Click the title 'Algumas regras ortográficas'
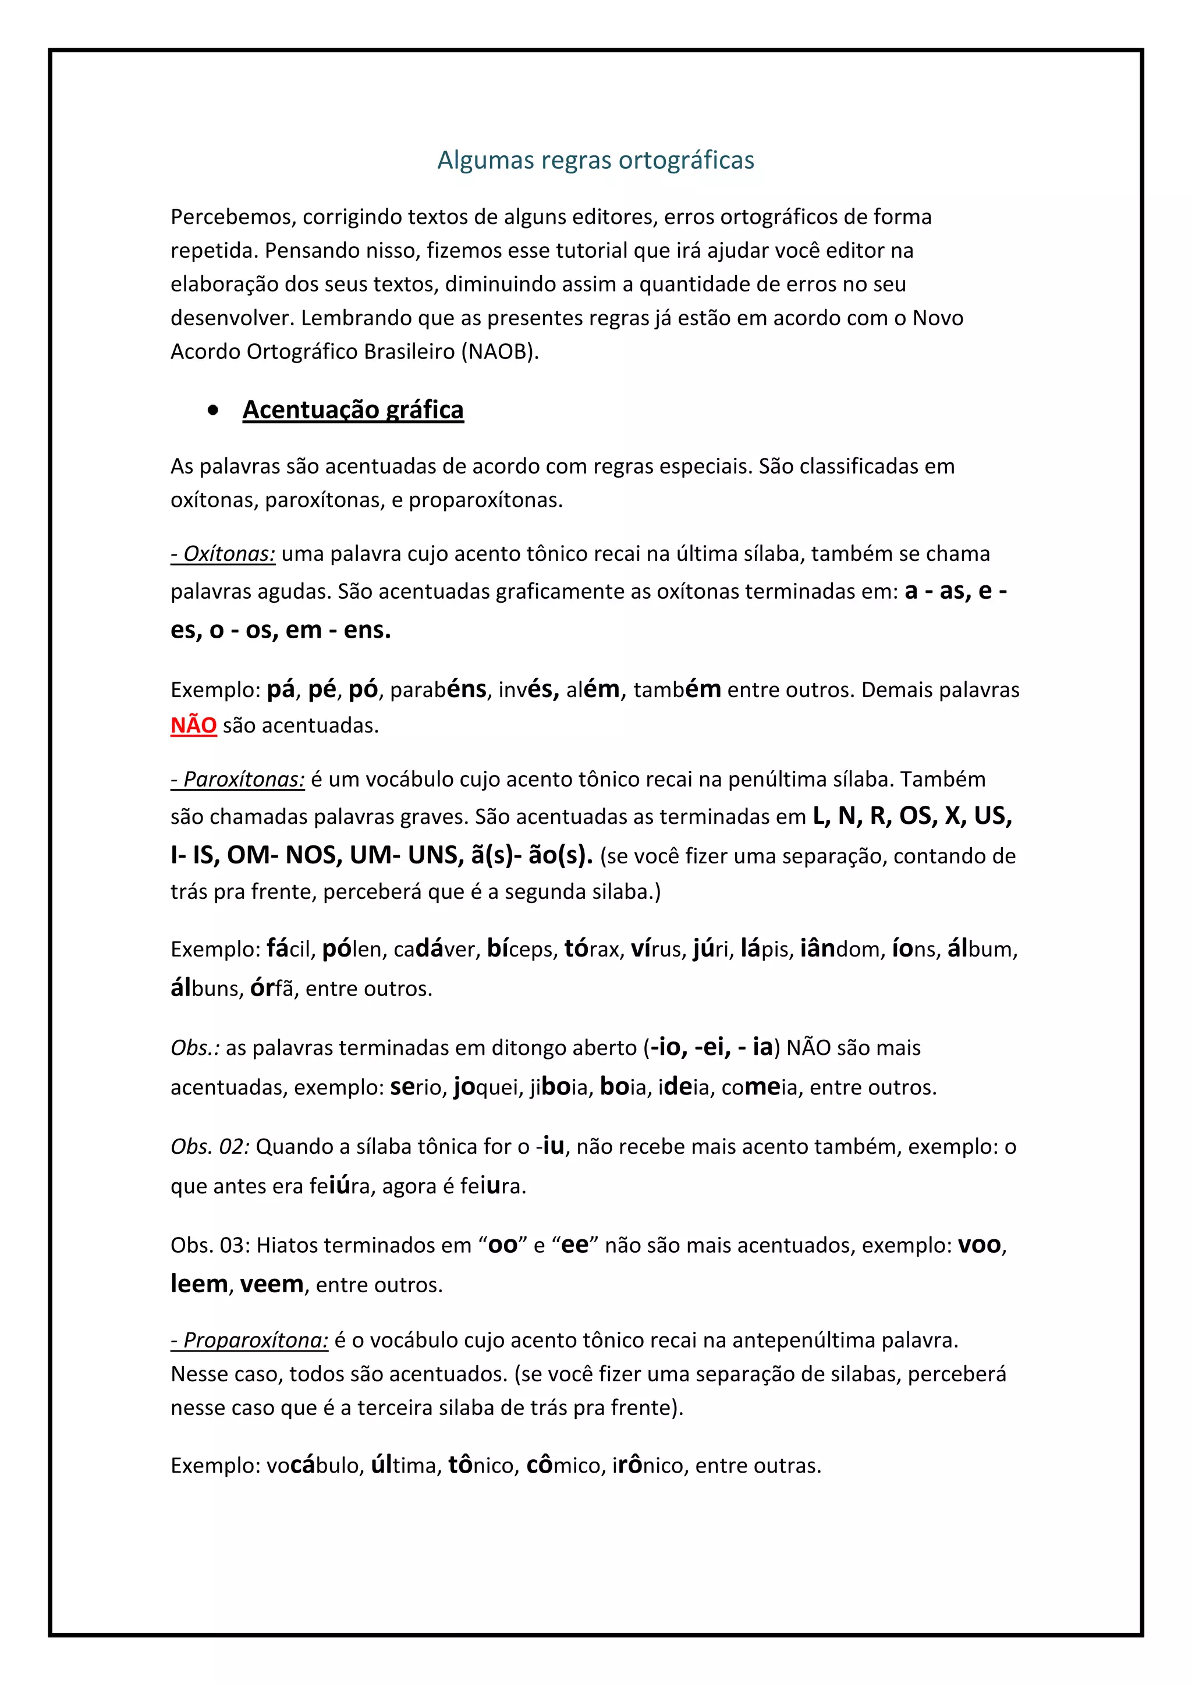(595, 160)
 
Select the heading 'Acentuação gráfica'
(353, 410)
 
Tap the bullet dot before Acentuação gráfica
(213, 411)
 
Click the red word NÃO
(194, 725)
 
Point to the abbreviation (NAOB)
(500, 351)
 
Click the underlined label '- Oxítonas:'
(223, 553)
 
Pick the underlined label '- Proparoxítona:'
(250, 1340)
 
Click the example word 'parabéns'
(438, 690)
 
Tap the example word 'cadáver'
(435, 950)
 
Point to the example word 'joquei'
(486, 1087)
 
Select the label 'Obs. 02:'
(211, 1146)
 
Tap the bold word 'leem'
(199, 1284)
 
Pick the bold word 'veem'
(272, 1284)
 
